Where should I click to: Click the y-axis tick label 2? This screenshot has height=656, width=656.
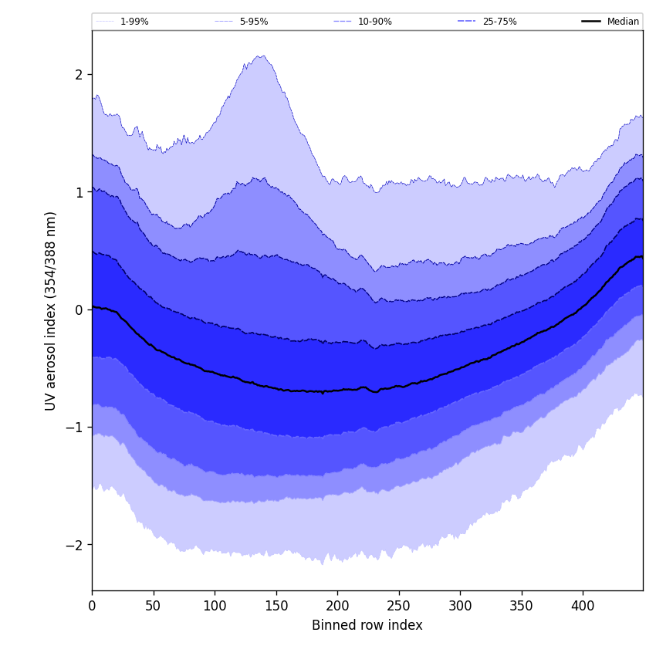pyautogui.click(x=79, y=75)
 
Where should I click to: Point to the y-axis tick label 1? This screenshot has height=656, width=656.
pyautogui.click(x=79, y=192)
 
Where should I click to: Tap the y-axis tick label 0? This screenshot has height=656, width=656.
pyautogui.click(x=79, y=309)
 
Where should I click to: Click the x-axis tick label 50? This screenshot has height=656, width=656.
pyautogui.click(x=154, y=607)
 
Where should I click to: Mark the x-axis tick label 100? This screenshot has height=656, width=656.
pyautogui.click(x=215, y=607)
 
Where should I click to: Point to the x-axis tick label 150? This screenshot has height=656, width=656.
pyautogui.click(x=276, y=607)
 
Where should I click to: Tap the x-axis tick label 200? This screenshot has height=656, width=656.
pyautogui.click(x=337, y=607)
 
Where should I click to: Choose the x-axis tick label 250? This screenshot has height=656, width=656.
pyautogui.click(x=399, y=607)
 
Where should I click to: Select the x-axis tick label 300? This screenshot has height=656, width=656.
pyautogui.click(x=460, y=607)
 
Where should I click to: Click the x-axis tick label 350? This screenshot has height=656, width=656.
pyautogui.click(x=522, y=607)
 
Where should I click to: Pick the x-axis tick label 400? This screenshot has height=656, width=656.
pyautogui.click(x=583, y=607)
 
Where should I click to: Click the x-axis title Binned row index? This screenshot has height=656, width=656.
pyautogui.click(x=367, y=626)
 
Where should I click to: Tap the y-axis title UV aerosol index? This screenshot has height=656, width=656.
pyautogui.click(x=51, y=310)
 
